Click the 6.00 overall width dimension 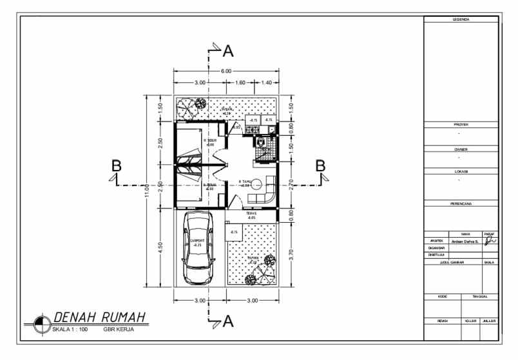tap(226, 71)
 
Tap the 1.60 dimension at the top tap(240, 83)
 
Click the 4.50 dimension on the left tap(160, 248)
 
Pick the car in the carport tap(198, 248)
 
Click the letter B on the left tap(116, 166)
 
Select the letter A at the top tap(227, 50)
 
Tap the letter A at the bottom tap(227, 323)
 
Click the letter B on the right tap(320, 166)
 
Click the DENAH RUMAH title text tap(99, 317)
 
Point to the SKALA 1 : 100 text tap(70, 329)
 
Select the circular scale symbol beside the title tap(42, 323)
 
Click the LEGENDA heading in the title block tap(461, 20)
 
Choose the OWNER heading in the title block tap(461, 149)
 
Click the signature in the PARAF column tap(490, 241)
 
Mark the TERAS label tap(251, 213)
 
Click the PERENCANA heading tap(461, 204)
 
